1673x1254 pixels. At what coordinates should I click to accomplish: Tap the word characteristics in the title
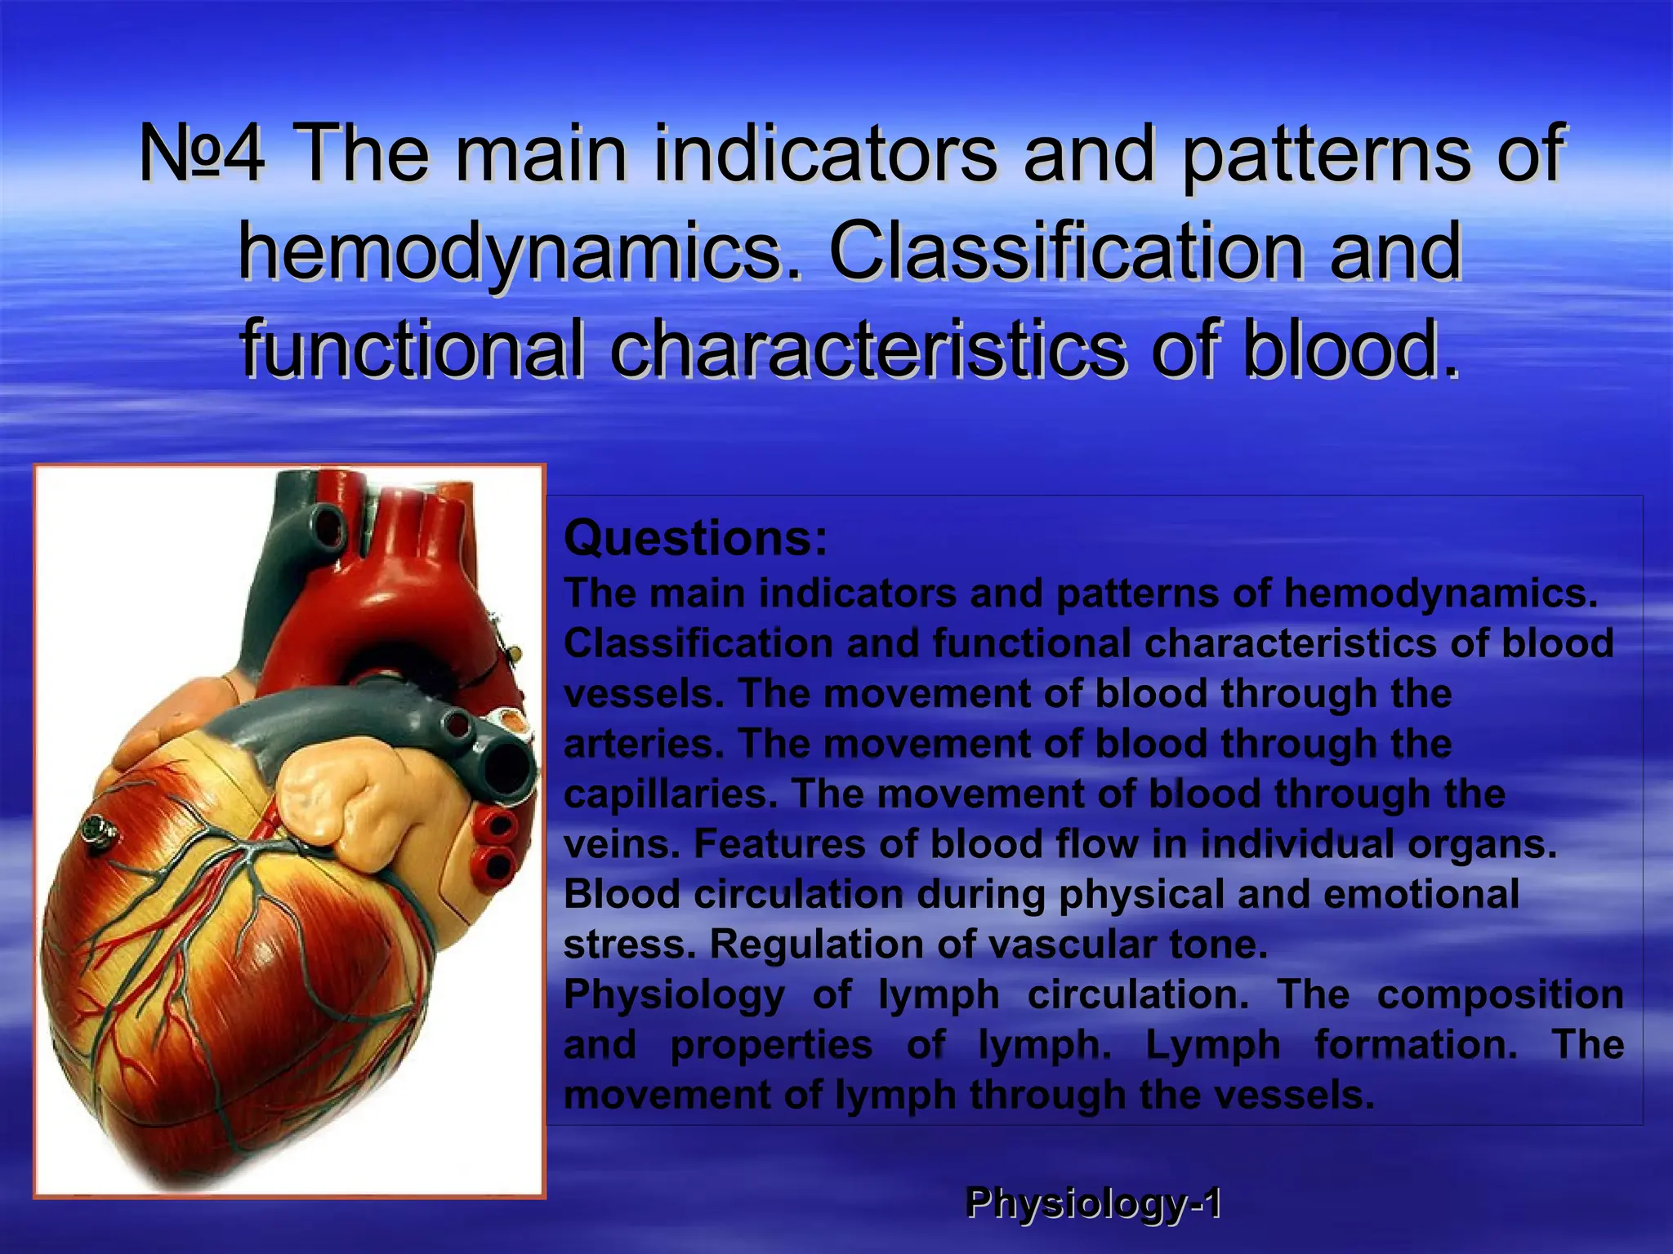point(867,349)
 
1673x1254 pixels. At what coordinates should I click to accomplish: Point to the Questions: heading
point(695,539)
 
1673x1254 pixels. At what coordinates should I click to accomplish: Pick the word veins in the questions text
point(621,845)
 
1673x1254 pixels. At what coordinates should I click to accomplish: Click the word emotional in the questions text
point(1421,895)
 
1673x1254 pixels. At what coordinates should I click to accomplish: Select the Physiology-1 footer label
point(1093,1203)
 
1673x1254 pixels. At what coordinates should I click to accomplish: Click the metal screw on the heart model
point(97,832)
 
